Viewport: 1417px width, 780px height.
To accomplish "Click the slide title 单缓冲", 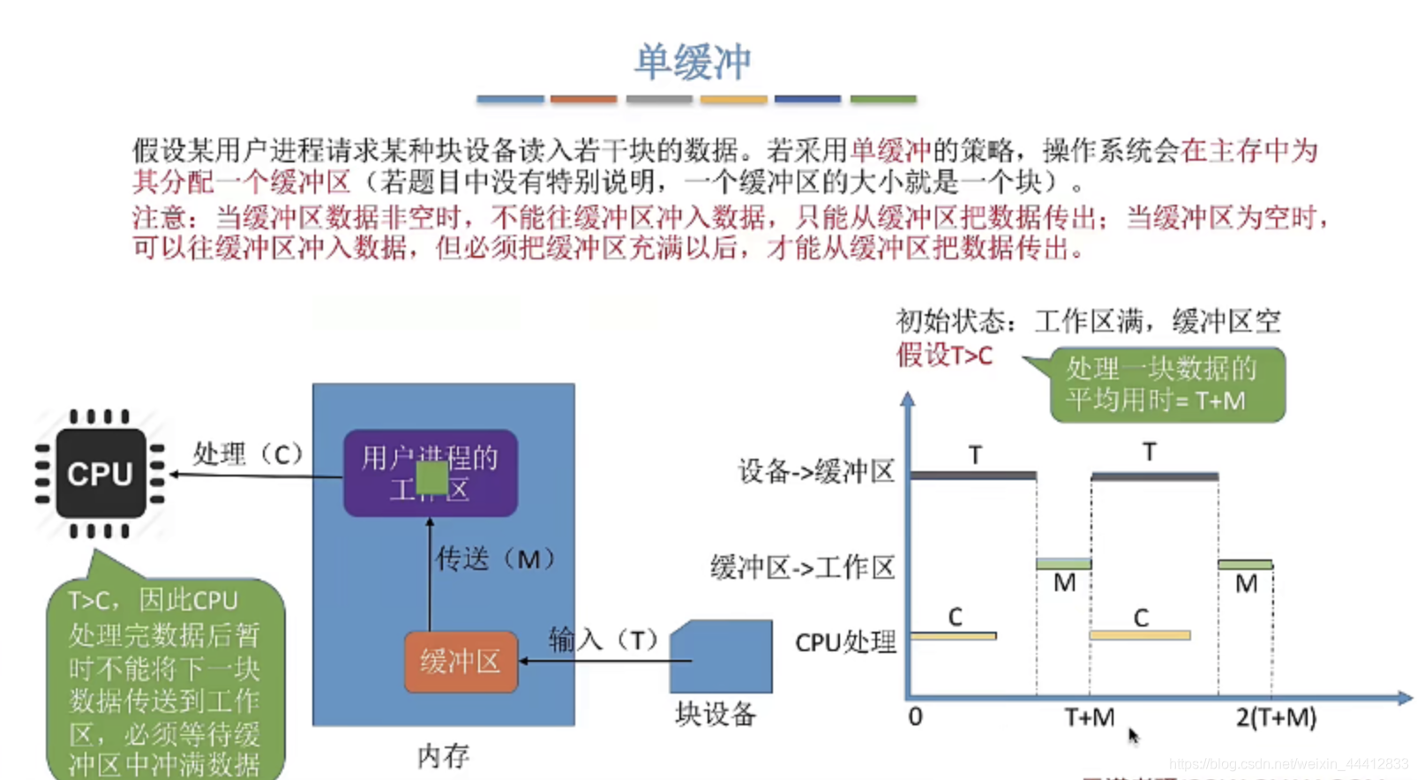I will pyautogui.click(x=693, y=63).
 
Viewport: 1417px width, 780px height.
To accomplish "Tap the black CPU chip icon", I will pyautogui.click(x=101, y=474).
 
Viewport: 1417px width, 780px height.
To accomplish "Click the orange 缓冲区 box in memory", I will pyautogui.click(x=461, y=661).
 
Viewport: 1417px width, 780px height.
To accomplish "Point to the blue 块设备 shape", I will pyautogui.click(x=721, y=656).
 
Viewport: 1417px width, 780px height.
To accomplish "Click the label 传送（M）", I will pyautogui.click(x=496, y=559).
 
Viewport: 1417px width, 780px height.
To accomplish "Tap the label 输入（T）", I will pyautogui.click(x=604, y=639).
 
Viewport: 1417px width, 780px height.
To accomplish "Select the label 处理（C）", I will pyautogui.click(x=248, y=454).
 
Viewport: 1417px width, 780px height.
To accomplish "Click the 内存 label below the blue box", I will pyautogui.click(x=443, y=755).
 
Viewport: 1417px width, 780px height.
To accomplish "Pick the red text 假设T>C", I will pyautogui.click(x=944, y=355).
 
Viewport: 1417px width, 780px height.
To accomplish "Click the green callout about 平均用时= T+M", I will pyautogui.click(x=1166, y=385).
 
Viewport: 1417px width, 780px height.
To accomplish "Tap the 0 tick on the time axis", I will pyautogui.click(x=915, y=716).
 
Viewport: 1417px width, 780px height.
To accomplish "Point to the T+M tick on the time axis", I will pyautogui.click(x=1089, y=716).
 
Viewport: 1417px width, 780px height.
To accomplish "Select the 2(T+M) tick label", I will pyautogui.click(x=1276, y=716).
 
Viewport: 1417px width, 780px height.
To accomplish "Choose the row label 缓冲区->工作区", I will pyautogui.click(x=802, y=566).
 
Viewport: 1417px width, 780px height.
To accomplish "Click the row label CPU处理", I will pyautogui.click(x=845, y=642).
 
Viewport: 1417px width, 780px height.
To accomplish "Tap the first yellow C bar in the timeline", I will pyautogui.click(x=954, y=635).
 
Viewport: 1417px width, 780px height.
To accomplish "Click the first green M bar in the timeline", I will pyautogui.click(x=1063, y=564).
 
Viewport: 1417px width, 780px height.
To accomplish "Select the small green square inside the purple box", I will pyautogui.click(x=431, y=477).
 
